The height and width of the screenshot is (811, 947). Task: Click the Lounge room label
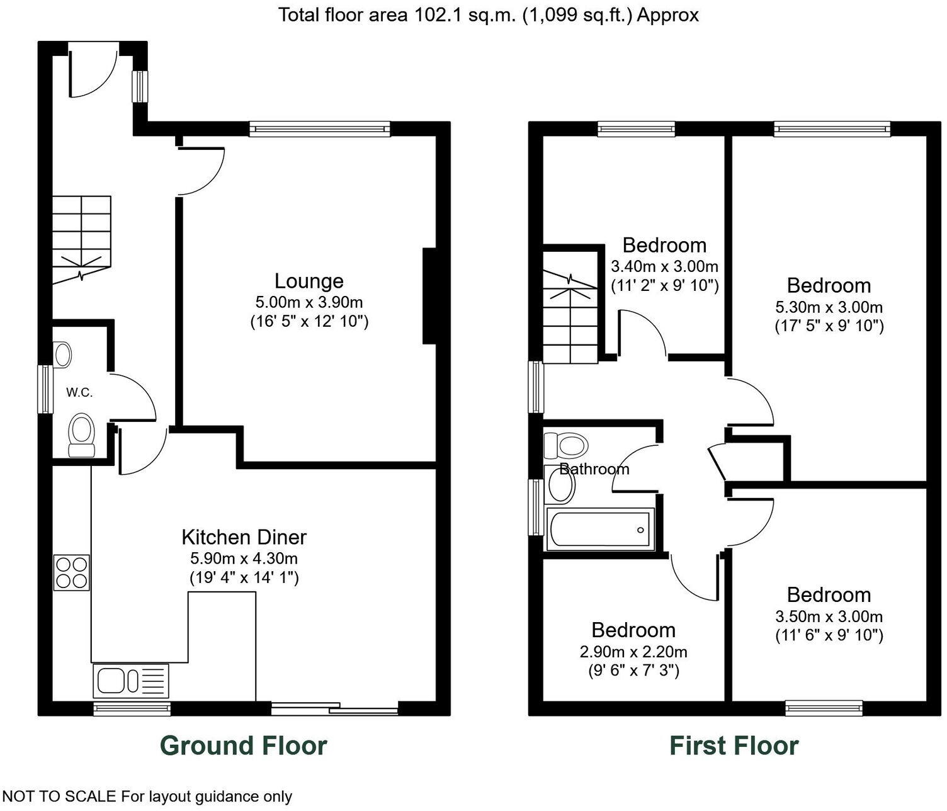(309, 281)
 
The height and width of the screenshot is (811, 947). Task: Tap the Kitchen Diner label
(244, 537)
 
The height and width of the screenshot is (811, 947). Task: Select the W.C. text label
(79, 392)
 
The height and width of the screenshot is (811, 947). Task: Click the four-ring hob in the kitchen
(72, 572)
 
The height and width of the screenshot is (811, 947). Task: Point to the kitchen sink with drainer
(131, 681)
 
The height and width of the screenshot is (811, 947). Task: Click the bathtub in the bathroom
(599, 530)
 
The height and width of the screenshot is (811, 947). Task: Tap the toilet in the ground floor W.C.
(81, 435)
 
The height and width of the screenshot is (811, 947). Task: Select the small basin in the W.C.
(62, 354)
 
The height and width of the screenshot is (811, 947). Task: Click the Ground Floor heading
(243, 746)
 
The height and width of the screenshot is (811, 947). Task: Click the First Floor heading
(734, 746)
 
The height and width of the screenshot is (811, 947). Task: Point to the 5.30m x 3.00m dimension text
(829, 308)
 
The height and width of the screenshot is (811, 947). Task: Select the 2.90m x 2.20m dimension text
(633, 652)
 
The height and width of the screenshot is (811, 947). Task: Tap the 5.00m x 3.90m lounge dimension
(309, 302)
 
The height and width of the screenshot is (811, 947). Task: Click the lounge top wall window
(319, 129)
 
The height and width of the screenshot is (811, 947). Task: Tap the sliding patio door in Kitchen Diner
(335, 708)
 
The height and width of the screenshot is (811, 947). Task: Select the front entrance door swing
(92, 72)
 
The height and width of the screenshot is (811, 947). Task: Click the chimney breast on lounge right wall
(429, 296)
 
